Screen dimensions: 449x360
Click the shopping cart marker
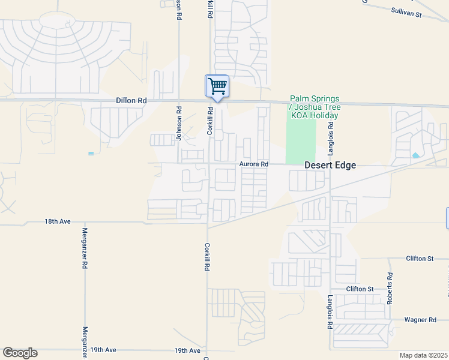217,86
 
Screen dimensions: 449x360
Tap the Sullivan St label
407,11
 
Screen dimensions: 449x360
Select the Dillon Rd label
131,101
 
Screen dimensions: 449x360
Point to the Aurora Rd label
253,164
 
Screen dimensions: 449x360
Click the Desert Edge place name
330,165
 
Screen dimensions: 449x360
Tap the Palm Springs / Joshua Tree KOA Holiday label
315,107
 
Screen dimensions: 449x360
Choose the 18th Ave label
58,221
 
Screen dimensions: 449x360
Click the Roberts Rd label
390,288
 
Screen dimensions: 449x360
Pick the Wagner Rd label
420,320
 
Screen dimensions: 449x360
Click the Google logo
20,353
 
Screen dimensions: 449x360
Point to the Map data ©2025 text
423,355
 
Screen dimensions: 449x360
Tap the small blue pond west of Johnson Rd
91,154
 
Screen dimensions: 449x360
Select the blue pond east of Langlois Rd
416,155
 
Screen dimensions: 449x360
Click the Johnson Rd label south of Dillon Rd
179,123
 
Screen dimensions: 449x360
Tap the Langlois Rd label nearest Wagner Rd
330,313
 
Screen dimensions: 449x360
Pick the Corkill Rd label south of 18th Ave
206,256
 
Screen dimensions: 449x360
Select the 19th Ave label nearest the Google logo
103,350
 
